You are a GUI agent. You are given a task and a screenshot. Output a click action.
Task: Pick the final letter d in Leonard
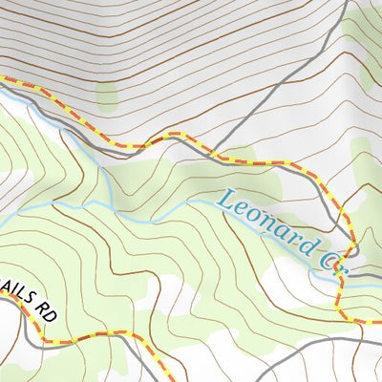(x=304, y=250)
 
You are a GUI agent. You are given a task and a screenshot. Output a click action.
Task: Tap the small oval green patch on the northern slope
(x=105, y=96)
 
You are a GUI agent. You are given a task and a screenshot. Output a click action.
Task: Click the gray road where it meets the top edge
(x=344, y=2)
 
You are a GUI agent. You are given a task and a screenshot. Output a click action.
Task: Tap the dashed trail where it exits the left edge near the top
(x=3, y=80)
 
